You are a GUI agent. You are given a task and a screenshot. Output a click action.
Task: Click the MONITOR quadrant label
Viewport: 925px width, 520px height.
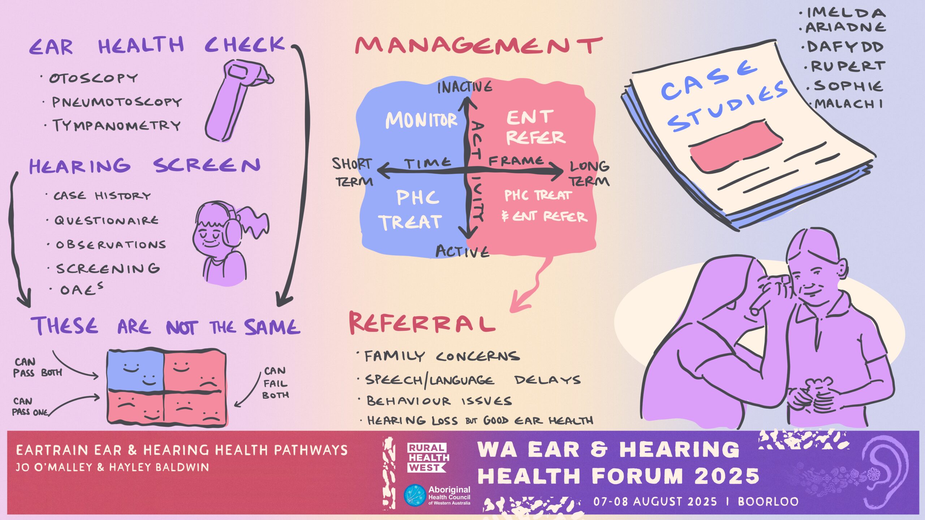421,120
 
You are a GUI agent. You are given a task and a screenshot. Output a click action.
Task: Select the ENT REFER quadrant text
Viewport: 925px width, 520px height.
535,127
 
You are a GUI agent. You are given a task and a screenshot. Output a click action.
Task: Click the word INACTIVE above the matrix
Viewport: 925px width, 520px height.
465,87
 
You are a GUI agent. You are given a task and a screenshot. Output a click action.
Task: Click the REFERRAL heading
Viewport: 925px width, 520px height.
421,323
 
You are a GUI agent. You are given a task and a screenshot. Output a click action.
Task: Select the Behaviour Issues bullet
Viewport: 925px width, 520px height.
439,401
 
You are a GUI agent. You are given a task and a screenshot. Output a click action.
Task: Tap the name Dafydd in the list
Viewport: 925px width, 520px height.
844,47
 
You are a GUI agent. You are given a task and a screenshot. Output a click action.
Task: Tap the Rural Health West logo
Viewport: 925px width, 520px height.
427,458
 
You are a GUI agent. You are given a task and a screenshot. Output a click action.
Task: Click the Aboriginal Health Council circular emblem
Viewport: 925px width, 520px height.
414,495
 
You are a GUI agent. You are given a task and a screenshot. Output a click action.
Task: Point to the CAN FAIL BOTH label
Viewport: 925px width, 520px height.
276,383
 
